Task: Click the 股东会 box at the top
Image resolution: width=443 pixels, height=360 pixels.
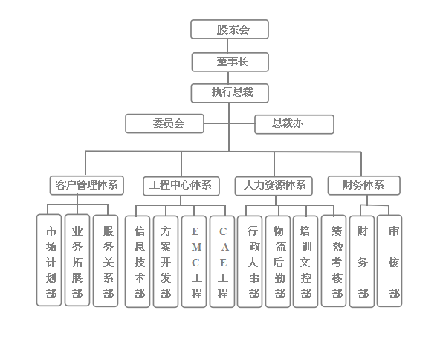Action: (x=230, y=29)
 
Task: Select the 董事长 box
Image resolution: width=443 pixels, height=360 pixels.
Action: (x=230, y=62)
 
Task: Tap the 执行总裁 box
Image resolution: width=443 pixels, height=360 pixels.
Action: (x=230, y=93)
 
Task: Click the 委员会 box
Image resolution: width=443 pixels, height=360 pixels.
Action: (x=165, y=123)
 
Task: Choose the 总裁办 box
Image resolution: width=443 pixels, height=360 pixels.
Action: (x=294, y=124)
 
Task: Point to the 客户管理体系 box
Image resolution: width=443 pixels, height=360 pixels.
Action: (x=87, y=185)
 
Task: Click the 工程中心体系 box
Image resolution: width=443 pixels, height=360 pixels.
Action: (x=181, y=186)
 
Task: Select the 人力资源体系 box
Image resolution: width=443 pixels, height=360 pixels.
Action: (x=274, y=186)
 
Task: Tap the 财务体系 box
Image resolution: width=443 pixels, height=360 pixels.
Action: (x=364, y=185)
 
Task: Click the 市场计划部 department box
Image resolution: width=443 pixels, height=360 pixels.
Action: (x=49, y=260)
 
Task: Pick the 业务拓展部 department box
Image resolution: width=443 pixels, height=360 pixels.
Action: (x=77, y=260)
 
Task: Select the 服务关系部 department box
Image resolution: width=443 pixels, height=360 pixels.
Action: (x=106, y=261)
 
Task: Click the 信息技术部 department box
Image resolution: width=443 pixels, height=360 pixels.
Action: (x=138, y=262)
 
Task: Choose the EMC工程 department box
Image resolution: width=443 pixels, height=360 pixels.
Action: (x=194, y=262)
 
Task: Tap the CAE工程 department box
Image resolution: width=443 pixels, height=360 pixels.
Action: (x=222, y=262)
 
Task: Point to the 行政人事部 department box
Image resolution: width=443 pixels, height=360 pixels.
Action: (x=250, y=262)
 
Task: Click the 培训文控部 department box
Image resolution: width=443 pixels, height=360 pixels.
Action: (x=305, y=262)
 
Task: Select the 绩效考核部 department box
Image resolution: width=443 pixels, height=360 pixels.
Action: (x=334, y=261)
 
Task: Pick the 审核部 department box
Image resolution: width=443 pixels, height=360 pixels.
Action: (x=389, y=261)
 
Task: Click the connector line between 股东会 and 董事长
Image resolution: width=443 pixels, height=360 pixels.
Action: (x=227, y=45)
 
